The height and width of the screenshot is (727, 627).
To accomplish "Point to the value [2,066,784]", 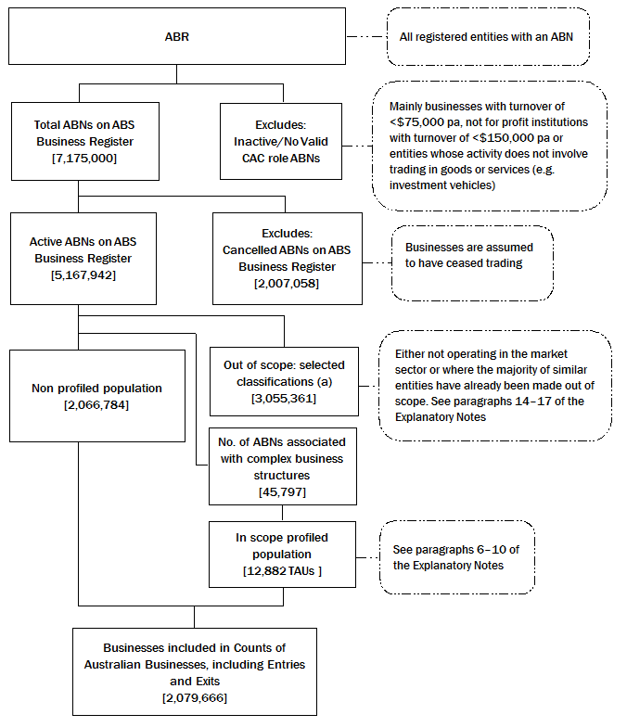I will click(x=97, y=406).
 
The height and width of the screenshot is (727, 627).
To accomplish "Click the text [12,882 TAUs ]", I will click(x=282, y=569).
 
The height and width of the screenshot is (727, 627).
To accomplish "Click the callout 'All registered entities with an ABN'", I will click(x=488, y=37).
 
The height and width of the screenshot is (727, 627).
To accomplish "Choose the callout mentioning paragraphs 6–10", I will click(x=456, y=557).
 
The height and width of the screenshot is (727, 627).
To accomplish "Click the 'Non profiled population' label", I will click(x=97, y=389).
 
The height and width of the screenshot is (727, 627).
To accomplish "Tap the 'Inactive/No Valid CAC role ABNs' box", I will click(x=279, y=141).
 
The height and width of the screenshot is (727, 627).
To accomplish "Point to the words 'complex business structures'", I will click(x=282, y=466).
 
